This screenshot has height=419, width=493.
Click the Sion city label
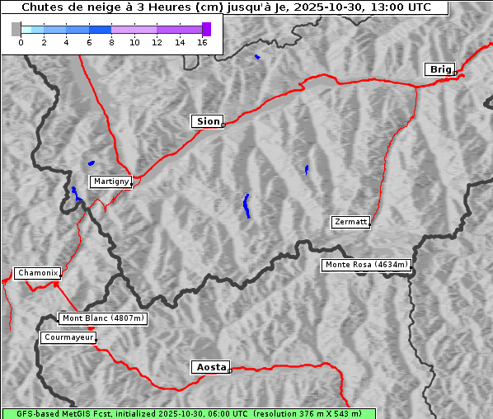208,121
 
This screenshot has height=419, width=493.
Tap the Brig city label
439,69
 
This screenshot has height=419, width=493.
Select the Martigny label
110,181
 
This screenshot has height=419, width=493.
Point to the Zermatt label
350,222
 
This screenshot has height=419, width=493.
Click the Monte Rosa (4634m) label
366,265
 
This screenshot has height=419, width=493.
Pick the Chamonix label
37,273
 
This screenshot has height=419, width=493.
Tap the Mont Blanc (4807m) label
103,318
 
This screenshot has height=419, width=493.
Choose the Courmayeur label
68,337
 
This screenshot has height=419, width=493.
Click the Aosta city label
209,367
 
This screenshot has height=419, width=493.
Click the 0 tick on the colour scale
21,42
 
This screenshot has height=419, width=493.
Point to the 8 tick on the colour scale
111,42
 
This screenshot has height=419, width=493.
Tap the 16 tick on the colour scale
202,42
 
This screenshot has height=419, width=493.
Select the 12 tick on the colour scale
157,42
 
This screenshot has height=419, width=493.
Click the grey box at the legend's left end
16,29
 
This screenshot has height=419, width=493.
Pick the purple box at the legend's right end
206,29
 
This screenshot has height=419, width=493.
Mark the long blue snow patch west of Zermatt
246,205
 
